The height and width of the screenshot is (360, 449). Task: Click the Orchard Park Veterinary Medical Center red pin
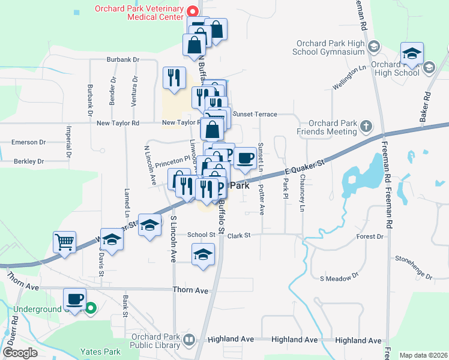[193, 11]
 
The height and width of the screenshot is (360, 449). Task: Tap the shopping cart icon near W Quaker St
[64, 243]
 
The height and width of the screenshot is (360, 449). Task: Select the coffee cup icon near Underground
[75, 299]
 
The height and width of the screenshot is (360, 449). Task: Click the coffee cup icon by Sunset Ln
[244, 158]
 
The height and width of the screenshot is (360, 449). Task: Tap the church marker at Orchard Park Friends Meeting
[366, 127]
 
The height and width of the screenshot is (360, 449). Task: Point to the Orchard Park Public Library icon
[189, 340]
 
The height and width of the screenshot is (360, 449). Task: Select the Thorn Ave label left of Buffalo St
[190, 290]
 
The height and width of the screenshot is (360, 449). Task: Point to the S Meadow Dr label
[339, 278]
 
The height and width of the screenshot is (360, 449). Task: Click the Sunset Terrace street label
[255, 114]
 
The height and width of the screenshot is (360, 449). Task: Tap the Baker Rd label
[427, 104]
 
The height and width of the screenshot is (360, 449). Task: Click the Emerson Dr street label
[29, 143]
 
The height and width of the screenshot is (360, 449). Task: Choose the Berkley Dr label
[29, 161]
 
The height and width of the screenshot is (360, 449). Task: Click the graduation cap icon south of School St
[203, 255]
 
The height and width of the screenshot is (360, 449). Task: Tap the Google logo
[20, 353]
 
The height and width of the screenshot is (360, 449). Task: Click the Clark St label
[238, 236]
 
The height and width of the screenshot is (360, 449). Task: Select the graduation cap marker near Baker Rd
[412, 54]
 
